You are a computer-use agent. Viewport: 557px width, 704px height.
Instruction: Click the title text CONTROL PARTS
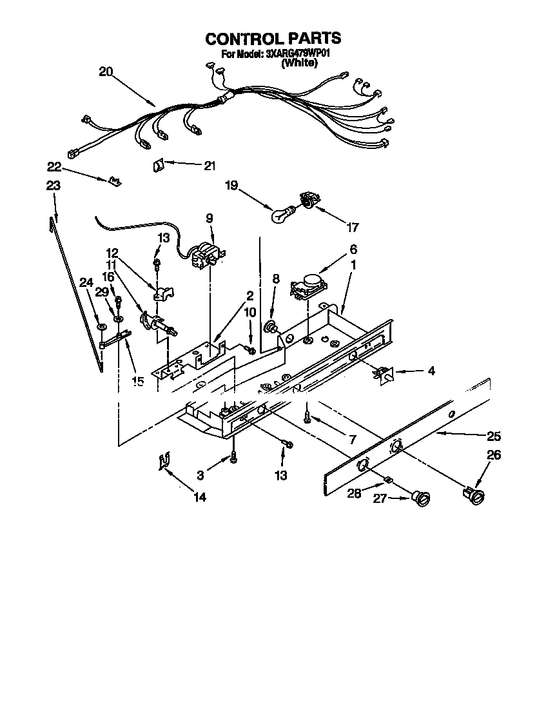click(273, 39)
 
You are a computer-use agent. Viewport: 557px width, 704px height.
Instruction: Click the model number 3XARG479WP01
click(298, 55)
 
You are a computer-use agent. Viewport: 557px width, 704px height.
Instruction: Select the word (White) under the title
click(299, 64)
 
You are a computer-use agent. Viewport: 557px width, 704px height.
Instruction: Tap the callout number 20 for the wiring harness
click(106, 72)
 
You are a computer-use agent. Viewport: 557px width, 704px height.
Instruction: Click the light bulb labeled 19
click(280, 214)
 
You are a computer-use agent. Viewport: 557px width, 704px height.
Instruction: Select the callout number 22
click(54, 167)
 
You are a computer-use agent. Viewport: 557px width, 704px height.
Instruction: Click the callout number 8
click(276, 279)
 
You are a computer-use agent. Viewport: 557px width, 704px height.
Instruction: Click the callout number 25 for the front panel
click(494, 435)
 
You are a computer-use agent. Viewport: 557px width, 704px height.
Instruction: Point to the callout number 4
click(431, 371)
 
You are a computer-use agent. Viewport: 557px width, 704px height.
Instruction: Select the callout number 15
click(137, 381)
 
